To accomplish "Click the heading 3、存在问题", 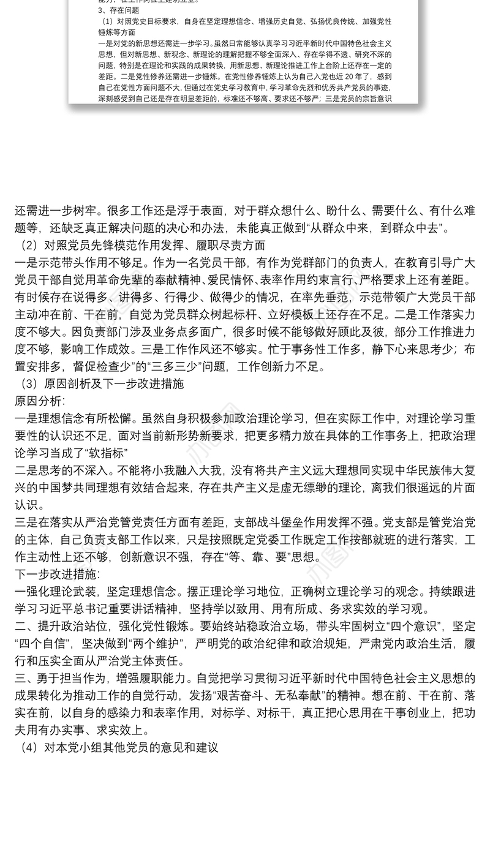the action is [x=119, y=10].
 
